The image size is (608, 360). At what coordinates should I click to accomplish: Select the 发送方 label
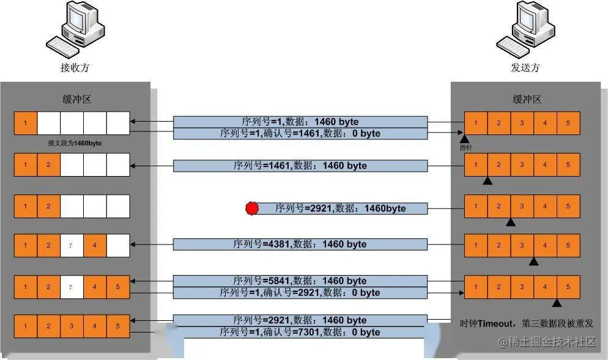(525, 68)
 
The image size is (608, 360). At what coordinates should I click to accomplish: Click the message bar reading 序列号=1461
(300, 166)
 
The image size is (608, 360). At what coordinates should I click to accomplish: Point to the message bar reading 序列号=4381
(300, 244)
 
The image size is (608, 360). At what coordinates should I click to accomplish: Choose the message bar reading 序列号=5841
(300, 281)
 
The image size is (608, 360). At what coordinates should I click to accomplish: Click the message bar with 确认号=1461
(300, 133)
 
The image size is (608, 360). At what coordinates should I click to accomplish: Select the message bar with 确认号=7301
(300, 332)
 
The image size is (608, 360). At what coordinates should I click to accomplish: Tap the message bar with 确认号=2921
(300, 293)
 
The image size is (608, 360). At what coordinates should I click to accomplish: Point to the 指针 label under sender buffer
(466, 147)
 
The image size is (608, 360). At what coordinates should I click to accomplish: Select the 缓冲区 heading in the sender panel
(527, 100)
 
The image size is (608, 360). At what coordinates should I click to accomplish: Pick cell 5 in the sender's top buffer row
(568, 123)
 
